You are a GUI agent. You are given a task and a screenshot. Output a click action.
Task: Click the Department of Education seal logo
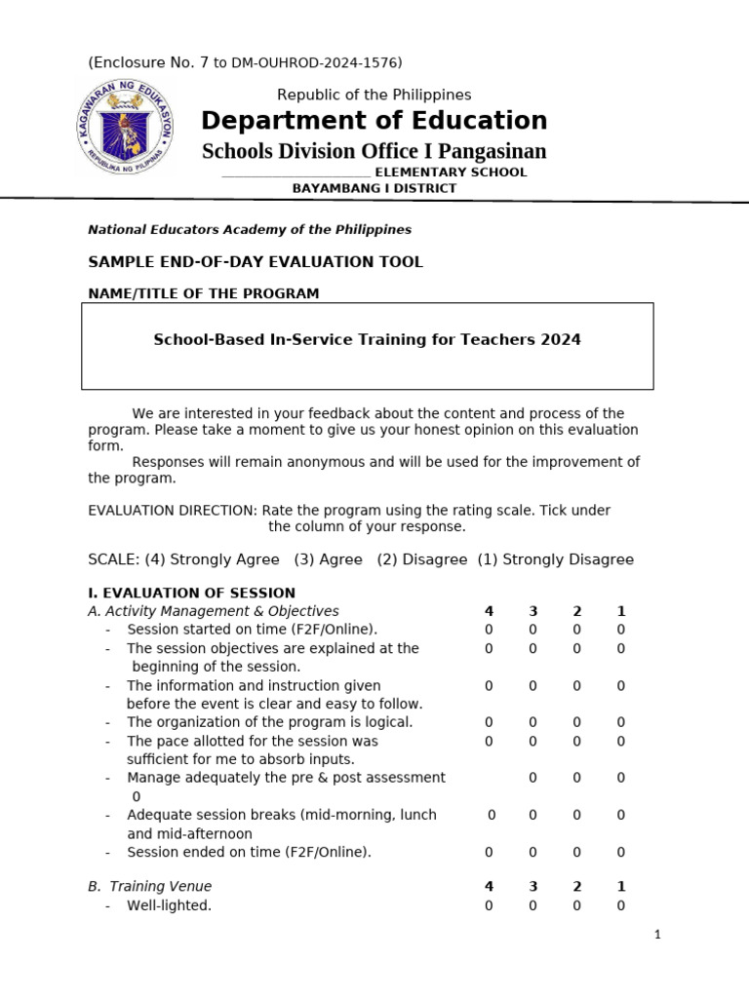tap(124, 127)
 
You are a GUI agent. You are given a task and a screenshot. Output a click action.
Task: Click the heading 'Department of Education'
tap(374, 121)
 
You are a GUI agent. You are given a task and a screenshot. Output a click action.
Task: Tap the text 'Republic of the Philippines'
tap(374, 95)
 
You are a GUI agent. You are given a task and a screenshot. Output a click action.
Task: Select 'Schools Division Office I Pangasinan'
tap(374, 151)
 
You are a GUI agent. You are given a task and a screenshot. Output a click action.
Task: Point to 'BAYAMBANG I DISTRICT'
tap(374, 188)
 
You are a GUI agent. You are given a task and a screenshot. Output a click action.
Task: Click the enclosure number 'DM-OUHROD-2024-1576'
tap(316, 63)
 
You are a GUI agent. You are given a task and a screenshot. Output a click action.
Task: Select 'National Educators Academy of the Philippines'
tap(250, 230)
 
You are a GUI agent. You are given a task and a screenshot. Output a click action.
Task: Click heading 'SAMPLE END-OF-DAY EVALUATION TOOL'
tap(256, 262)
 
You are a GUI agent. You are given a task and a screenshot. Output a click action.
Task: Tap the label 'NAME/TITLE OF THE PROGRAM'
tap(203, 293)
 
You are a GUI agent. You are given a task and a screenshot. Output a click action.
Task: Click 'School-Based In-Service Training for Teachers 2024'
tap(367, 340)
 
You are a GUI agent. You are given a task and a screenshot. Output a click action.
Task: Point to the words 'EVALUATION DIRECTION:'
tap(173, 511)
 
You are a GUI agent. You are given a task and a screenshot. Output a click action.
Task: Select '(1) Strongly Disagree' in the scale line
tap(555, 559)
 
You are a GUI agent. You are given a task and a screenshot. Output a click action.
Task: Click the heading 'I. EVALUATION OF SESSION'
tap(191, 593)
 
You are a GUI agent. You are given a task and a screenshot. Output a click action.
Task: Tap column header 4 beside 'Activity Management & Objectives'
tap(489, 612)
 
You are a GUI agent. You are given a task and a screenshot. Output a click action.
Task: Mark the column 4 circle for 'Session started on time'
tap(489, 631)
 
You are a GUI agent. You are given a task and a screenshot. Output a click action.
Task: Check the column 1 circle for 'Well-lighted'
tap(620, 906)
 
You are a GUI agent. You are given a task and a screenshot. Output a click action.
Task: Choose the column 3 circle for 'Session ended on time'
tap(532, 853)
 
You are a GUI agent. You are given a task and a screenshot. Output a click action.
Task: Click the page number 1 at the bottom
tap(657, 936)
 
